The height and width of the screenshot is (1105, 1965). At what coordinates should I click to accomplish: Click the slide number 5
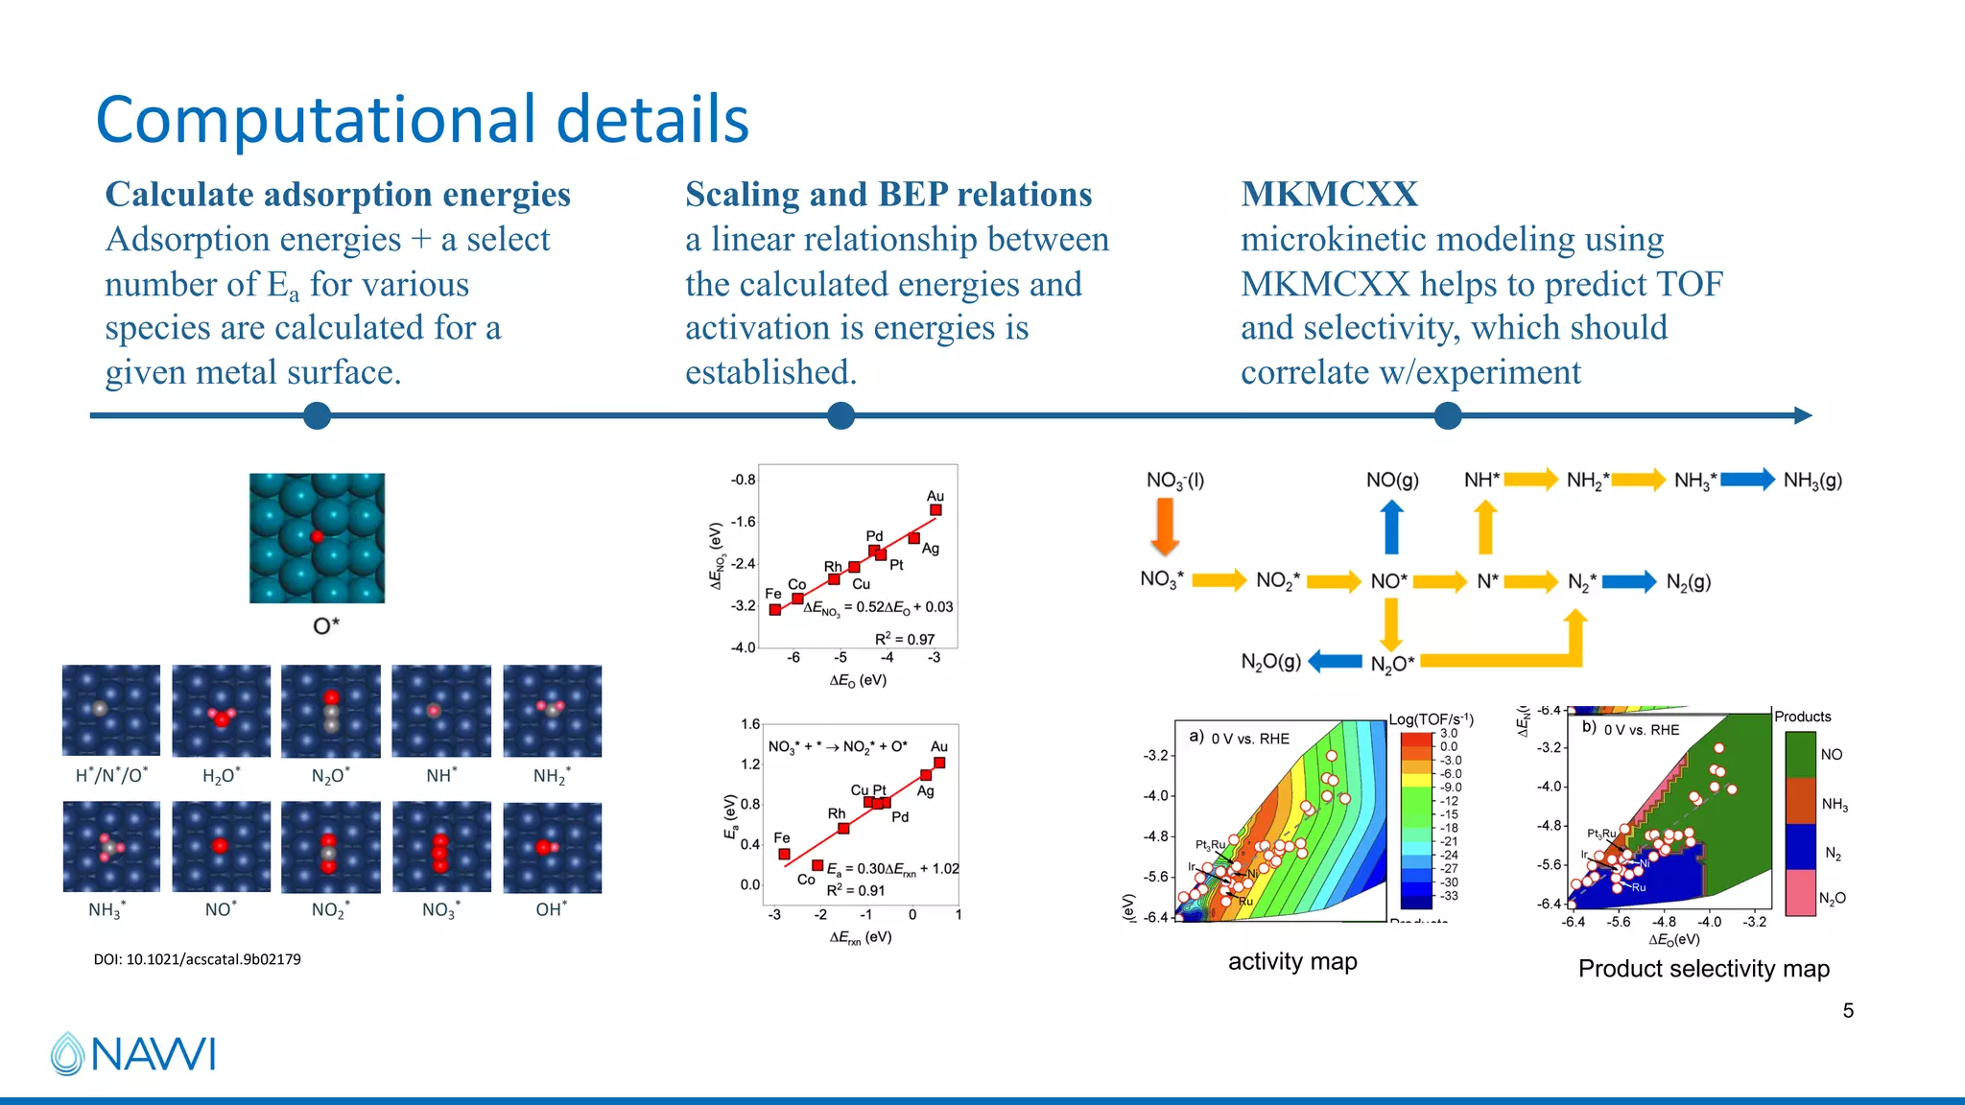point(1848,1010)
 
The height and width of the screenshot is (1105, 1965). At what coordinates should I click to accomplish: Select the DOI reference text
point(197,959)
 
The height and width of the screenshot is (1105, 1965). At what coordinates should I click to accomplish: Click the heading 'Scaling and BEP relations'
point(888,194)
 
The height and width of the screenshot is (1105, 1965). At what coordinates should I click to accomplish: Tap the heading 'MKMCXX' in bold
point(1329,194)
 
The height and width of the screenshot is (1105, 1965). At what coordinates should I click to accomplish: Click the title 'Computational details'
point(422,120)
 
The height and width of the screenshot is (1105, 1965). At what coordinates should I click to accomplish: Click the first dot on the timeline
point(317,415)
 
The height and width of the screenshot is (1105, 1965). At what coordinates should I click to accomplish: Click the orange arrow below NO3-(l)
point(1165,528)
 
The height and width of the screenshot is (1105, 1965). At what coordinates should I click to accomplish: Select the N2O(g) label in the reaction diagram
point(1270,661)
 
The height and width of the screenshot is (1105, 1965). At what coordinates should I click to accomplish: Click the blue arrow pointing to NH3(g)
point(1747,479)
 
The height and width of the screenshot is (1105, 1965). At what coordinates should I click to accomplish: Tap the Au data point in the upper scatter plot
point(935,510)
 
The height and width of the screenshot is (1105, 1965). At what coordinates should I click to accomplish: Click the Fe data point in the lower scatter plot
point(784,854)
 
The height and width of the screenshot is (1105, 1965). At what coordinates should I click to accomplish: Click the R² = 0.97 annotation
point(904,639)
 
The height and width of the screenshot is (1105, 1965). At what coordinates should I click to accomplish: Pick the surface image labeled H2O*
point(221,711)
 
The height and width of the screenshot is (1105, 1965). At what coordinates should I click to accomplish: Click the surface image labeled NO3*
point(441,848)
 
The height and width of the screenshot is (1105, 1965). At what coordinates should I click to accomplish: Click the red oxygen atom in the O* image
point(317,536)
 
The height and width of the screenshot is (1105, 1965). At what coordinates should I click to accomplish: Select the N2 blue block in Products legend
point(1800,847)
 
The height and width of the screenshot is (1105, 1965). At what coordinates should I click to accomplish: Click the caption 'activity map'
point(1292,961)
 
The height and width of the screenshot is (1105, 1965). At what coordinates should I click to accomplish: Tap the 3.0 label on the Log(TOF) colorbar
point(1448,733)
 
